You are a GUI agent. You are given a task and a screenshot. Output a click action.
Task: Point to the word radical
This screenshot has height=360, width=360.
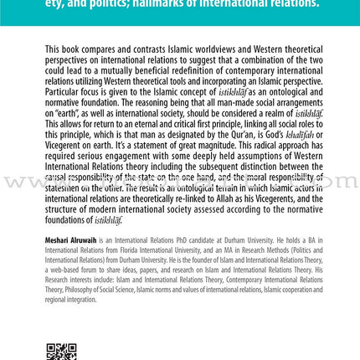[x=255, y=149]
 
